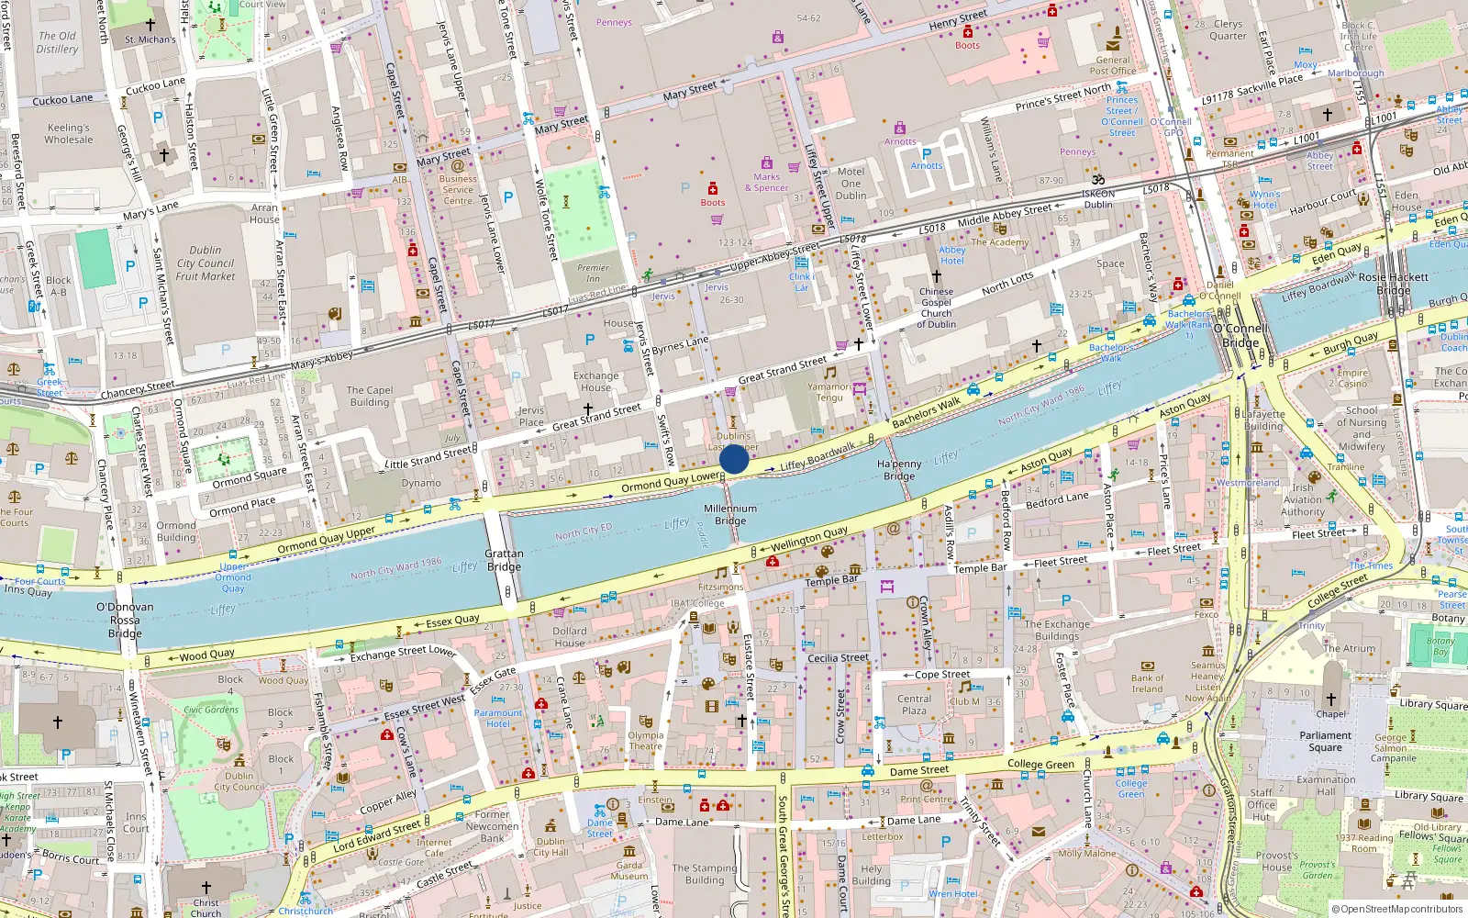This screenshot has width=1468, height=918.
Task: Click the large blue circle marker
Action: click(734, 459)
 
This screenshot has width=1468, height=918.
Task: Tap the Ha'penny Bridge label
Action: click(899, 470)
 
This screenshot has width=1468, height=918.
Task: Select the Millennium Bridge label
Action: click(730, 514)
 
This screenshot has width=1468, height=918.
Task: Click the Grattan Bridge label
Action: click(504, 560)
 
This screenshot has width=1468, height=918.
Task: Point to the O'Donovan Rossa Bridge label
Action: click(125, 620)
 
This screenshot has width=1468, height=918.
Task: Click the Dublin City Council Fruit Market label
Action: click(206, 263)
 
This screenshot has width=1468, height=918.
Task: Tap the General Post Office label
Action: click(1112, 65)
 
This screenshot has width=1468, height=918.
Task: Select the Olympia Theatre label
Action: click(646, 740)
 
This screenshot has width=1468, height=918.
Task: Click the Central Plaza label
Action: click(914, 704)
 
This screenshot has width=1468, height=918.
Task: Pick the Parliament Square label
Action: click(1325, 741)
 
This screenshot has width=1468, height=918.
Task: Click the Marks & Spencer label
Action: click(766, 183)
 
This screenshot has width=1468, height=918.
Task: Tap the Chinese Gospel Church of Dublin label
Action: click(936, 308)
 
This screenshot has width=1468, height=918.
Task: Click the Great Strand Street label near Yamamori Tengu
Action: click(783, 370)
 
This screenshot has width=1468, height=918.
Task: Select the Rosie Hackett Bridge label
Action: click(1393, 283)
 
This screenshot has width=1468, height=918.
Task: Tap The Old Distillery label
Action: click(57, 42)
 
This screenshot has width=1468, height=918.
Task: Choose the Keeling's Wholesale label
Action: click(69, 134)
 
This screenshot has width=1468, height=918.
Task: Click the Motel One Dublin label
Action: click(851, 184)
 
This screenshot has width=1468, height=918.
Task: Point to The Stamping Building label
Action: click(704, 874)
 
